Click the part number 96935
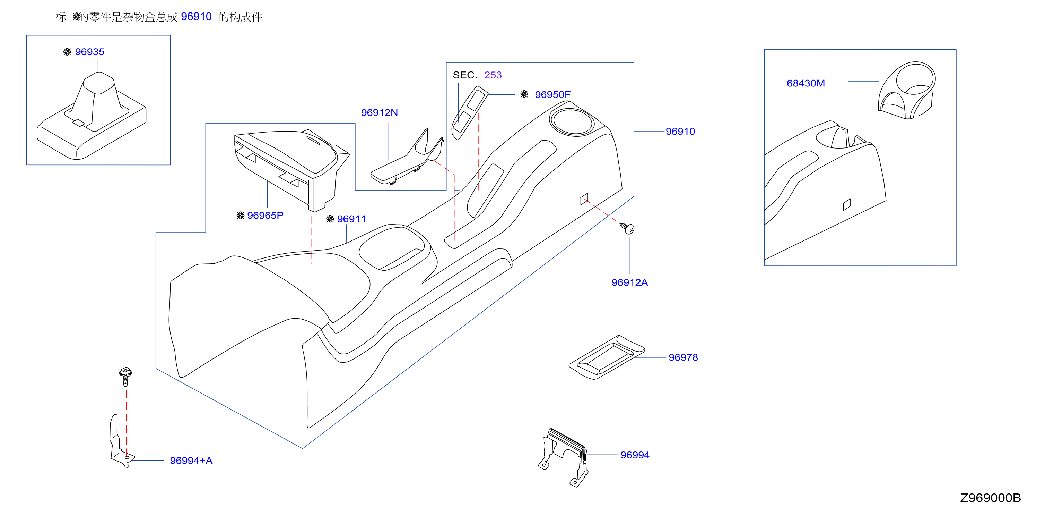[89, 52]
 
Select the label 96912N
[379, 113]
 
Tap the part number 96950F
[552, 94]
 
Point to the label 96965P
[265, 216]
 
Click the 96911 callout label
[351, 219]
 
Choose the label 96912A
[629, 283]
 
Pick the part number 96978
[683, 357]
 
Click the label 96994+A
[191, 461]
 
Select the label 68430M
[806, 83]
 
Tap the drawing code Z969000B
[990, 498]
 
